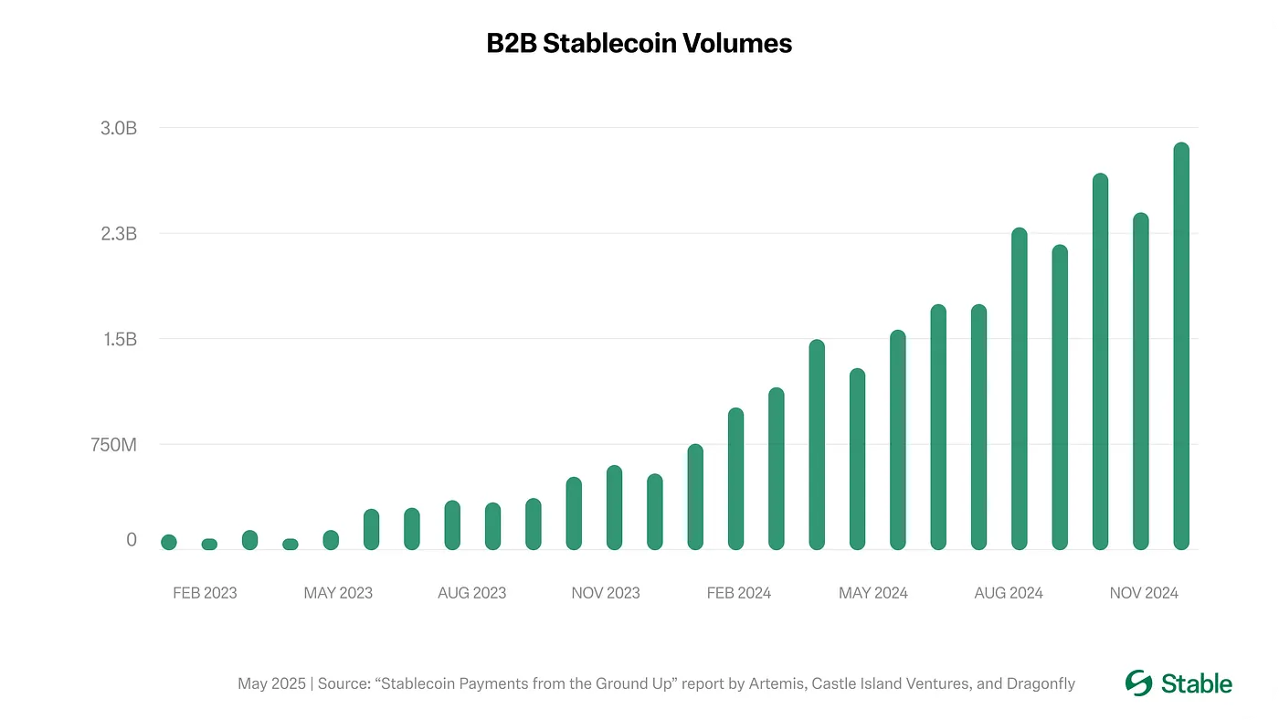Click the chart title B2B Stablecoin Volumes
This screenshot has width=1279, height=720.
click(x=639, y=44)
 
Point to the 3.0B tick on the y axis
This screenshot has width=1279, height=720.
click(x=119, y=128)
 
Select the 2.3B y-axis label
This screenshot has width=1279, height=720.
click(x=119, y=234)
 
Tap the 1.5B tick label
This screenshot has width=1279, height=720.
click(x=119, y=339)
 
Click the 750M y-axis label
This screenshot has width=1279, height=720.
click(x=112, y=445)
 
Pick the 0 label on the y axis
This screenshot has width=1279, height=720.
click(x=132, y=540)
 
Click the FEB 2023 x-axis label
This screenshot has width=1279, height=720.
click(x=205, y=593)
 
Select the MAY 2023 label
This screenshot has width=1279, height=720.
click(x=338, y=593)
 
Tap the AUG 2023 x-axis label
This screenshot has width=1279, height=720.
click(x=471, y=593)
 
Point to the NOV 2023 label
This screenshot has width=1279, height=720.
click(x=606, y=593)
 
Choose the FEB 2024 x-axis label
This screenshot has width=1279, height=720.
click(x=739, y=593)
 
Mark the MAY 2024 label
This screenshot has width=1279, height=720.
click(x=873, y=593)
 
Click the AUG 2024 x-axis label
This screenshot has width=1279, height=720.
click(x=1009, y=593)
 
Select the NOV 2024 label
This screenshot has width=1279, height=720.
click(x=1144, y=593)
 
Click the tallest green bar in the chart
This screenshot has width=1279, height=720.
click(x=1181, y=347)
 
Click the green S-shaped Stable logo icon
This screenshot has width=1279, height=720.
click(x=1139, y=683)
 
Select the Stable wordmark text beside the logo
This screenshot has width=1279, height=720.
click(x=1197, y=683)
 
